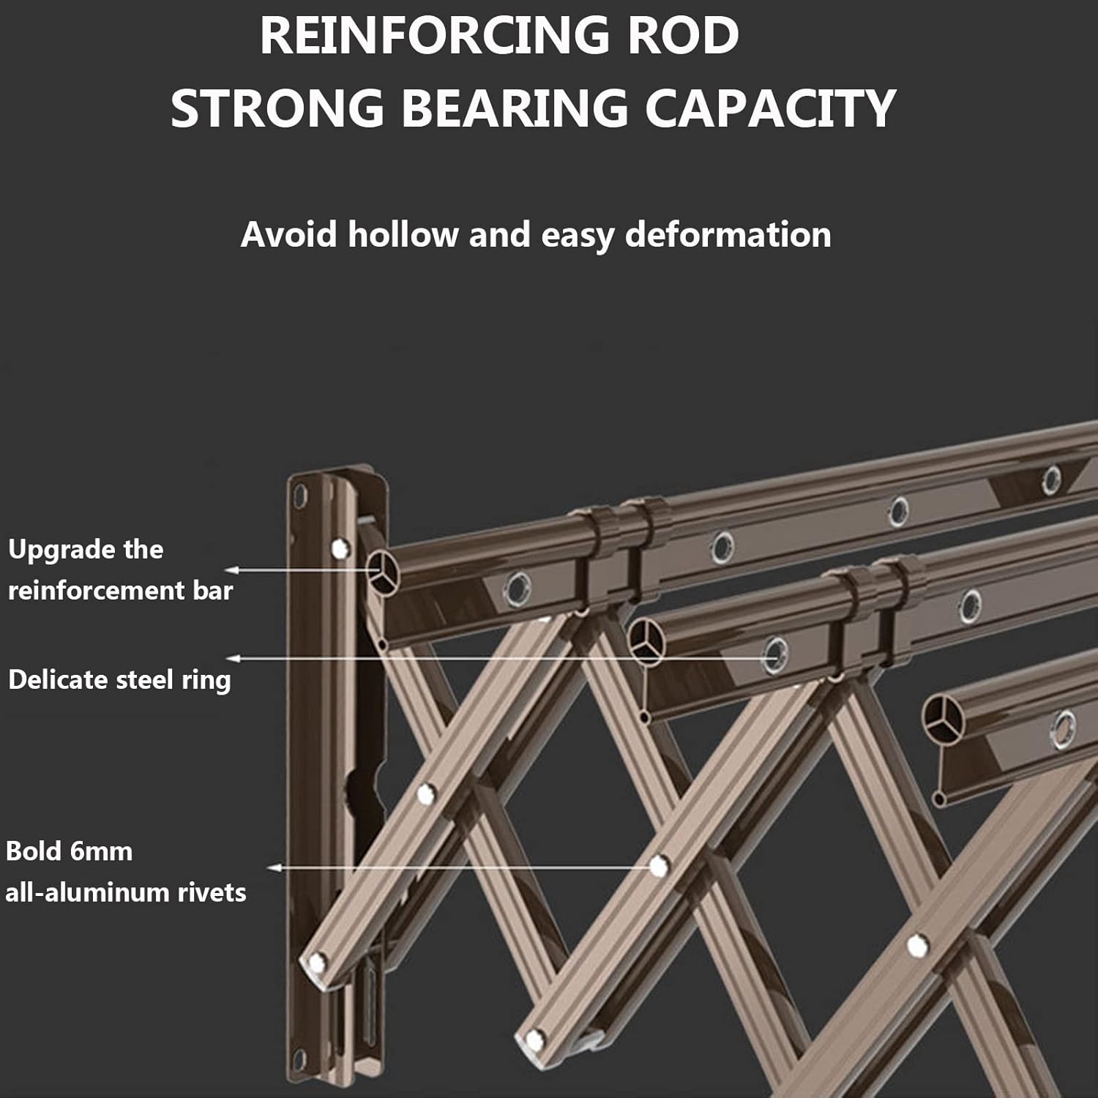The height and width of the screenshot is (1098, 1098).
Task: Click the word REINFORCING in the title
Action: pyautogui.click(x=435, y=36)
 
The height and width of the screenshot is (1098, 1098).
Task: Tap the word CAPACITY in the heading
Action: pyautogui.click(x=770, y=108)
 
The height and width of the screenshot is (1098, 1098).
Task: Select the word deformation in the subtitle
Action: pyautogui.click(x=728, y=235)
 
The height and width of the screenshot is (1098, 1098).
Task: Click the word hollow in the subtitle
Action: pyautogui.click(x=403, y=235)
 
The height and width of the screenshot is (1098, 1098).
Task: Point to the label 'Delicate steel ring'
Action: pyautogui.click(x=119, y=680)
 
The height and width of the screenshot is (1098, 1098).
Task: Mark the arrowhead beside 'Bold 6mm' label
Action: pyautogui.click(x=274, y=868)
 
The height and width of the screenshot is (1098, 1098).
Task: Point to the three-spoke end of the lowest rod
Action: pyautogui.click(x=943, y=717)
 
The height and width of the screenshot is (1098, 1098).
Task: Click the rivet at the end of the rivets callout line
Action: pyautogui.click(x=659, y=867)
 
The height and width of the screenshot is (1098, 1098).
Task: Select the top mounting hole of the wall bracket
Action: pyautogui.click(x=299, y=497)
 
